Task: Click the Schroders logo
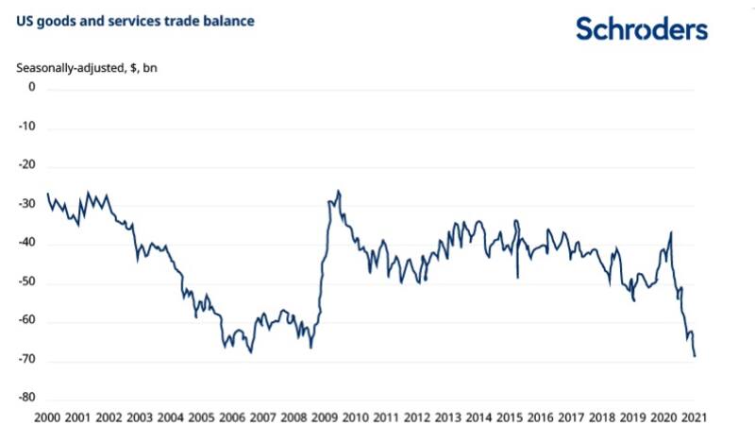[642, 28]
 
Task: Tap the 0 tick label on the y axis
[31, 87]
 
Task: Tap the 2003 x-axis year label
[140, 417]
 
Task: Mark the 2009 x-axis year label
[325, 417]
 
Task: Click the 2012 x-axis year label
[417, 417]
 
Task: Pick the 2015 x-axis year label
[510, 417]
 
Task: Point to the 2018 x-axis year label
[602, 417]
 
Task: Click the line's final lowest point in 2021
[696, 356]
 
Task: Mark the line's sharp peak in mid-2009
[339, 191]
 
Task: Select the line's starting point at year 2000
[47, 194]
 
